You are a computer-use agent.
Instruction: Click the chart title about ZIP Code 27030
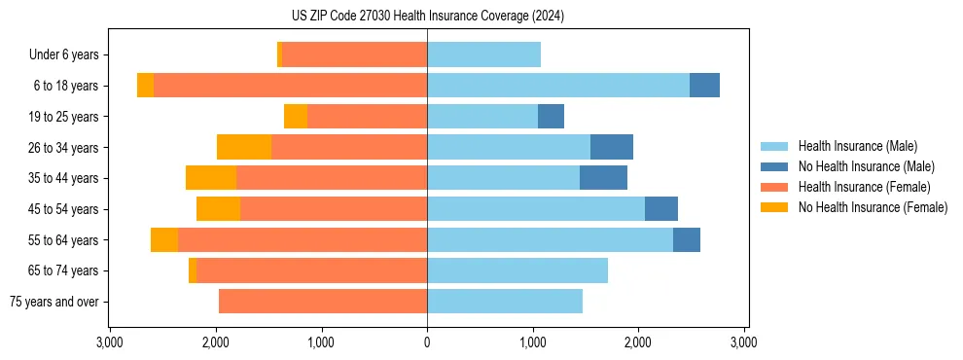coord(427,17)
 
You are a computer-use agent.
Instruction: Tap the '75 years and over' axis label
coord(54,302)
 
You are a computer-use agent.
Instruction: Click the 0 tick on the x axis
coord(427,342)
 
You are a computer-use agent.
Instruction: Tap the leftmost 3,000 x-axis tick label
coord(110,342)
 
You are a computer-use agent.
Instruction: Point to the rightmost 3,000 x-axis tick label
coord(744,342)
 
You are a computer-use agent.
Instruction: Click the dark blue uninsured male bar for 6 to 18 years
coord(704,86)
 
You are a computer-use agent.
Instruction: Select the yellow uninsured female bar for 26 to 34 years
coord(244,147)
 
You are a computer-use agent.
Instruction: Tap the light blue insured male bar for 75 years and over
coord(505,302)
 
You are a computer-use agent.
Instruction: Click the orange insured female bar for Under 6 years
coord(354,54)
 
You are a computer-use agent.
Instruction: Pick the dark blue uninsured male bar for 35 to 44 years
coord(603,178)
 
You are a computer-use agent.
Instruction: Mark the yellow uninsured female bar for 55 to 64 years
coord(164,239)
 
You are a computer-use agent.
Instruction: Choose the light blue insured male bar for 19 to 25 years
coord(482,117)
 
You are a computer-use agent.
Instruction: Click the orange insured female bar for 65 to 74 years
coord(311,270)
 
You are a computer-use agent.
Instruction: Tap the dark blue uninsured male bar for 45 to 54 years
coord(661,209)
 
